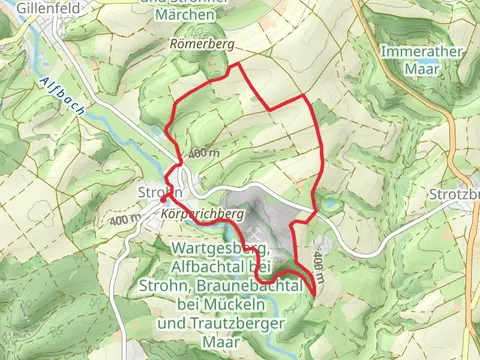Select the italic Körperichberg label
pos(201,214)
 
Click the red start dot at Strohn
pos(163,199)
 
